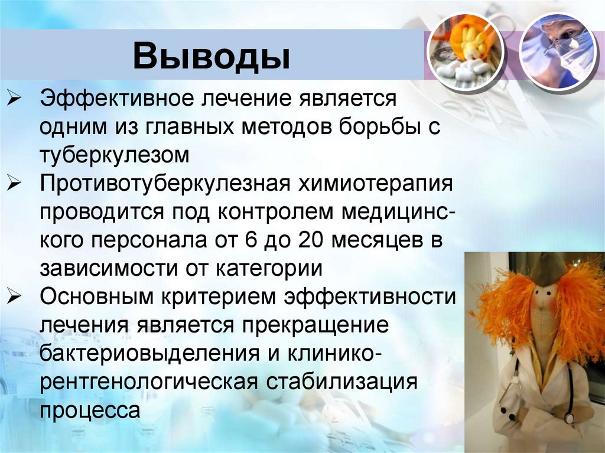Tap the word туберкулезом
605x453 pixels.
115,155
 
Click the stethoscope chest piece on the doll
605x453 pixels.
568,418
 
